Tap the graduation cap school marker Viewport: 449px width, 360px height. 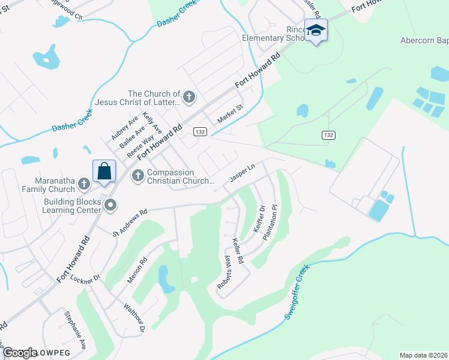point(316,30)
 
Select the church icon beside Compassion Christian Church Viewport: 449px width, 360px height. point(137,175)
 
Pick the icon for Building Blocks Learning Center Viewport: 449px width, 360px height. point(110,206)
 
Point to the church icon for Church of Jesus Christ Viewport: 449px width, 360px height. point(189,97)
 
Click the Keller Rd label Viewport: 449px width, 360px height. point(237,252)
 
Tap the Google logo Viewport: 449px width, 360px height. point(19,352)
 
